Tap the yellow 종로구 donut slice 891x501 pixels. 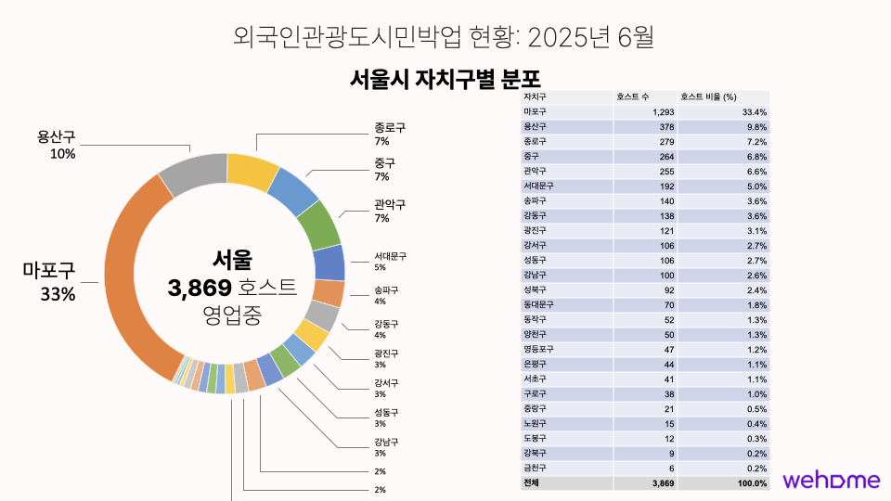point(252,171)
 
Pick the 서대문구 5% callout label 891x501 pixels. point(390,261)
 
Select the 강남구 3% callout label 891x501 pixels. point(386,447)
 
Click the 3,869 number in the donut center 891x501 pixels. point(199,288)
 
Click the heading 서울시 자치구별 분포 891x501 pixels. point(445,78)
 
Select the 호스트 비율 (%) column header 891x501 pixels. point(708,96)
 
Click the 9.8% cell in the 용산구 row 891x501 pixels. point(756,126)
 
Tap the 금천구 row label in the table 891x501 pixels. point(536,469)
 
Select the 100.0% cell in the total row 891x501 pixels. point(753,483)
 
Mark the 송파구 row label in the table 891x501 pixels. point(536,200)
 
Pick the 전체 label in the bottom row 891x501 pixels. point(532,483)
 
